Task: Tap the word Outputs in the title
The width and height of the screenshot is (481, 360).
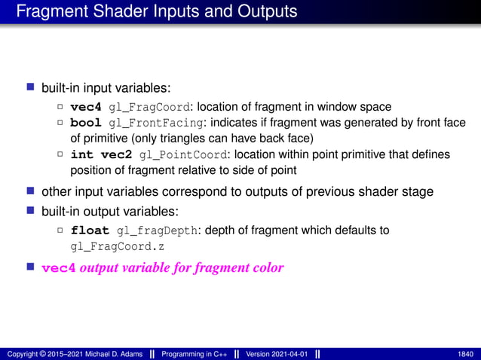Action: tap(265, 12)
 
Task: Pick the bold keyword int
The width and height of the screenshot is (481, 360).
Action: tap(81, 154)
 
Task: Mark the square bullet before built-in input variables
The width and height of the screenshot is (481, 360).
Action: tap(32, 88)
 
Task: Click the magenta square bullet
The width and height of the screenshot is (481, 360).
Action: tap(32, 267)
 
